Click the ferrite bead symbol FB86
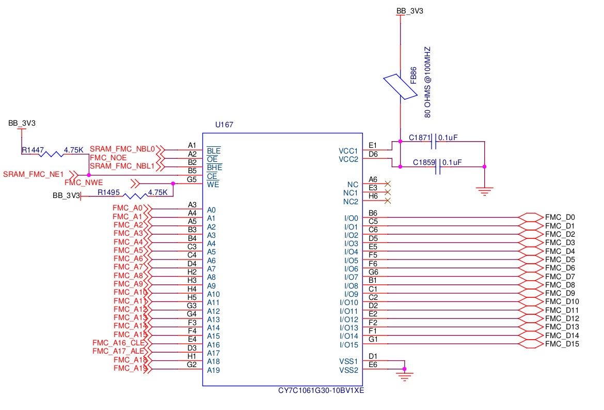(x=400, y=87)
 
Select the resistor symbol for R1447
(x=51, y=154)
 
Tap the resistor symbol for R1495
(x=135, y=196)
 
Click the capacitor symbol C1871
(x=434, y=142)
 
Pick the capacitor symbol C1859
(x=438, y=166)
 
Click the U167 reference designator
(x=224, y=125)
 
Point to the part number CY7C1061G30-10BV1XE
(x=321, y=390)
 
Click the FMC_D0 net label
(x=560, y=218)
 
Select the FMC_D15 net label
(x=562, y=344)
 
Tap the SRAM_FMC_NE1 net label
(x=33, y=174)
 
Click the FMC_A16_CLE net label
(x=119, y=343)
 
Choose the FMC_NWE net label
(x=84, y=183)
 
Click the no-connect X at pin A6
(x=388, y=184)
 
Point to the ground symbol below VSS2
(x=404, y=375)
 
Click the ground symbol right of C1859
(x=485, y=191)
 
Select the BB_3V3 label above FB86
(x=410, y=11)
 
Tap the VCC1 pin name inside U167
(x=348, y=151)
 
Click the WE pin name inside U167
(x=213, y=185)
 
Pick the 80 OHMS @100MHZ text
(x=427, y=82)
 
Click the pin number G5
(x=192, y=179)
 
